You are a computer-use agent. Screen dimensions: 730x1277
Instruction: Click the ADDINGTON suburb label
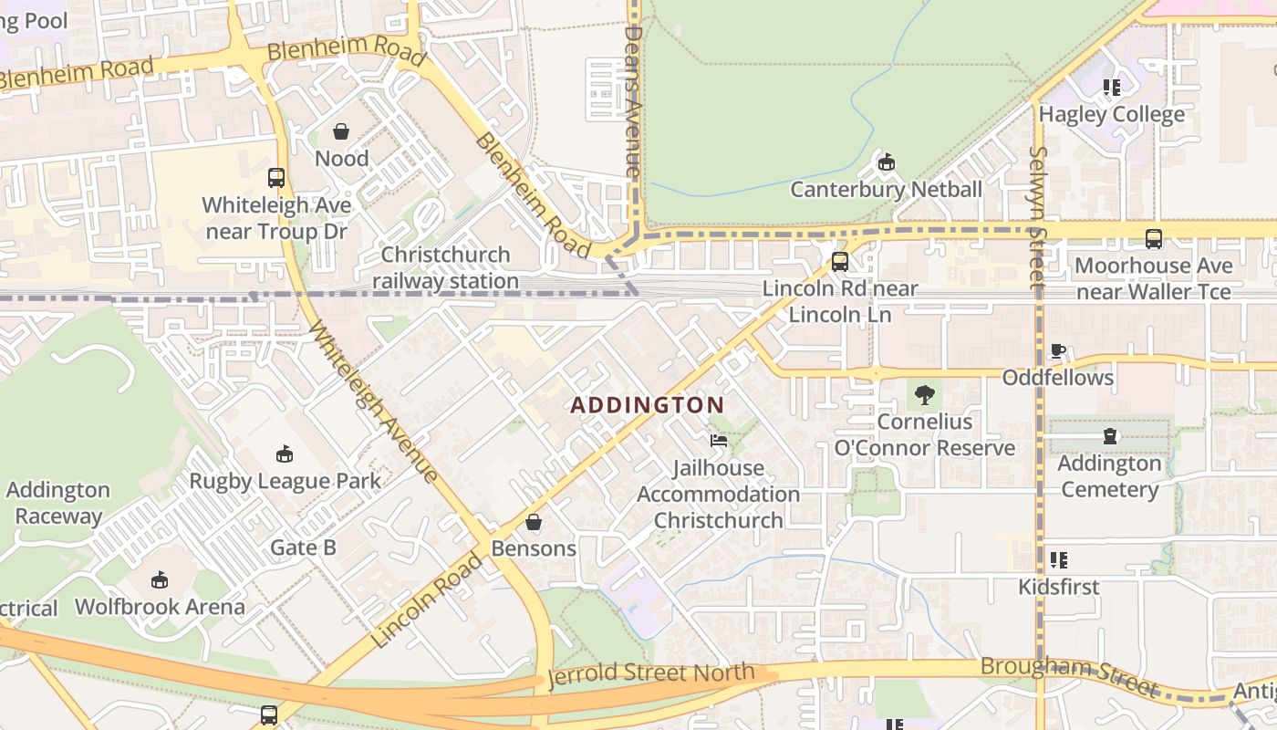(x=648, y=405)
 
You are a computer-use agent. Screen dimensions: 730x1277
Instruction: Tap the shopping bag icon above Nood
(x=341, y=132)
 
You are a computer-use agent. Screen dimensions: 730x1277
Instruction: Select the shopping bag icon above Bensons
(x=534, y=523)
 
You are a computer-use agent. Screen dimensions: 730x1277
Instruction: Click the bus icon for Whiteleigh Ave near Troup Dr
(x=276, y=178)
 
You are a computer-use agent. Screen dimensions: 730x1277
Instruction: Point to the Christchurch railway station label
(x=445, y=267)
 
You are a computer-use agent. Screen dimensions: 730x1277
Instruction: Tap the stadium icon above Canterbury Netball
(x=885, y=163)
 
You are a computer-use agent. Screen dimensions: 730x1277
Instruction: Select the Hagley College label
(x=1111, y=114)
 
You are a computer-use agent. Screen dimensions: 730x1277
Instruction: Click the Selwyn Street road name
(x=1037, y=219)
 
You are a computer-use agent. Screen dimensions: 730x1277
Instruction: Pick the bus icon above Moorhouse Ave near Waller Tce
(x=1154, y=239)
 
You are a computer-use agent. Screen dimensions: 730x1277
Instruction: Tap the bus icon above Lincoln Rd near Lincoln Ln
(x=840, y=262)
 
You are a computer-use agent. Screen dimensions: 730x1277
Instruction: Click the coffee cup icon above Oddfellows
(x=1058, y=351)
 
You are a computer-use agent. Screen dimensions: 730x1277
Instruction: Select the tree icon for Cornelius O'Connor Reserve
(x=925, y=395)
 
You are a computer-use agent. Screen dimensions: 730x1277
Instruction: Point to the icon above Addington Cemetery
(x=1109, y=436)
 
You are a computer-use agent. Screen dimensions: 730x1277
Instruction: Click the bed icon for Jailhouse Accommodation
(x=719, y=441)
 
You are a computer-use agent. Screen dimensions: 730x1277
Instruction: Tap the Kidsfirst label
(x=1058, y=587)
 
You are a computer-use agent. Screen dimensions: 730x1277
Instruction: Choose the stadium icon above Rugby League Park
(x=285, y=454)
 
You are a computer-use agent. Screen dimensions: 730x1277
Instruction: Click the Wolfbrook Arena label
(x=160, y=607)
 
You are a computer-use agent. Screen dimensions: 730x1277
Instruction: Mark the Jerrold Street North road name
(x=651, y=674)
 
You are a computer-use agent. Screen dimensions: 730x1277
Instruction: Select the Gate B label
(x=303, y=547)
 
